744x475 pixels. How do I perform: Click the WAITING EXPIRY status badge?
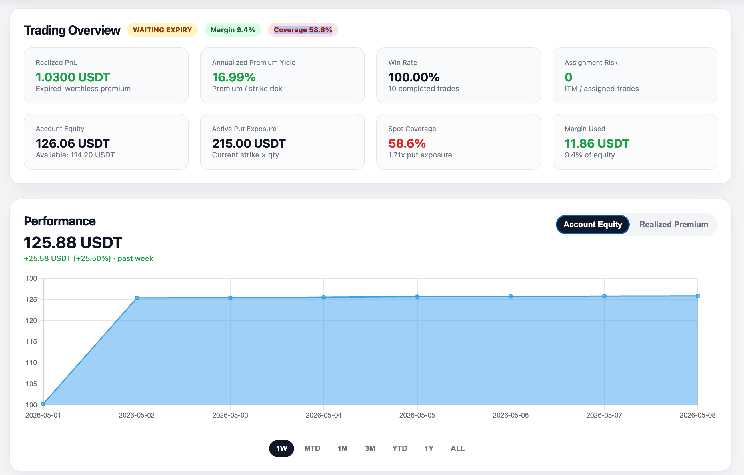[x=163, y=30]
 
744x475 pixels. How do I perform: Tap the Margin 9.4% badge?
[x=233, y=30]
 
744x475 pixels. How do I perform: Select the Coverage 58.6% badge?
[x=303, y=30]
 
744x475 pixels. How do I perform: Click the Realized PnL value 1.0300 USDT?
[x=73, y=77]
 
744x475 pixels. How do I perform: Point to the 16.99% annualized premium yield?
[x=234, y=77]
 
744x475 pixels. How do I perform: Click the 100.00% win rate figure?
[x=414, y=77]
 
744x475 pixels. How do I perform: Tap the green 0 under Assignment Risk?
[x=569, y=77]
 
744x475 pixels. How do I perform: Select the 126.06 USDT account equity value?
[x=73, y=143]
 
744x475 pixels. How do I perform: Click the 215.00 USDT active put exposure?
[x=249, y=143]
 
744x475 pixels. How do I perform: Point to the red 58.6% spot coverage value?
[x=407, y=143]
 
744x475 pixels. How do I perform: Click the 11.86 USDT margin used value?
[x=597, y=143]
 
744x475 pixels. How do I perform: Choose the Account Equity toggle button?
[x=593, y=224]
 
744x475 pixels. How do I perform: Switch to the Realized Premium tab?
[x=673, y=224]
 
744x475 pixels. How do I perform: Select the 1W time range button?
[x=281, y=448]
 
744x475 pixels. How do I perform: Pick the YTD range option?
[x=399, y=448]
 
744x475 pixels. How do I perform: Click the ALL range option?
[x=458, y=448]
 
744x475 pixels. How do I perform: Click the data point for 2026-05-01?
[x=43, y=404]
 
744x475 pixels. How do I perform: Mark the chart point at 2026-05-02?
[x=137, y=298]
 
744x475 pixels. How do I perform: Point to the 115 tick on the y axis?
[x=31, y=342]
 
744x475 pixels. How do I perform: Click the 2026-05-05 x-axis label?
[x=417, y=415]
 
